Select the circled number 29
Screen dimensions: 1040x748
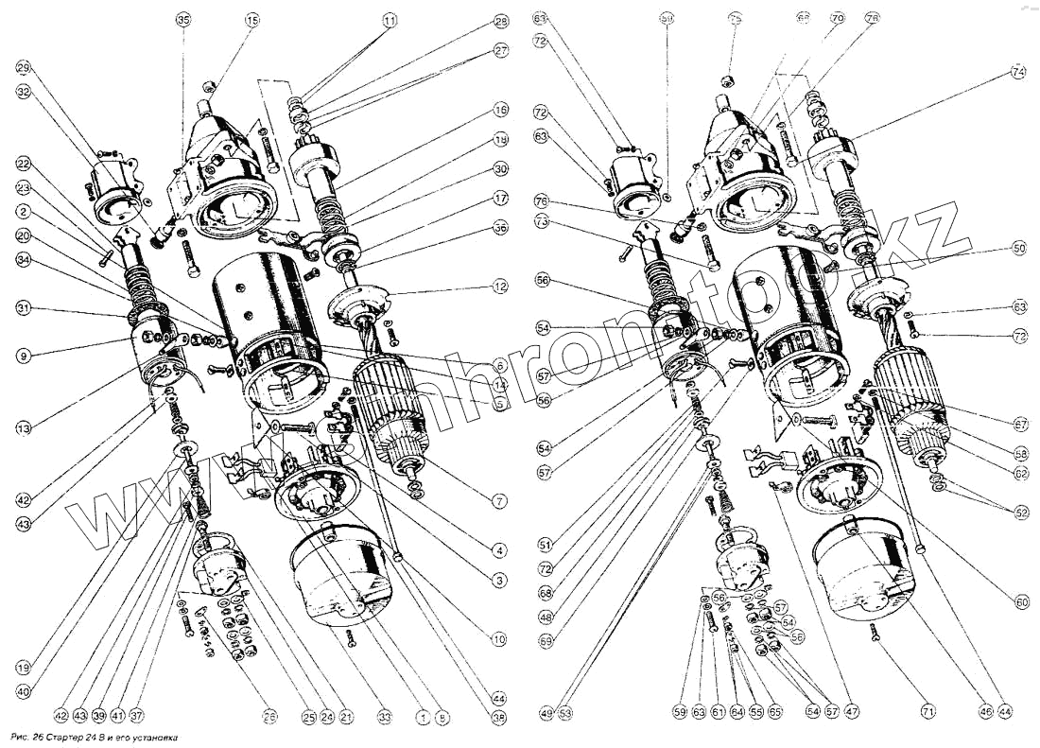pyautogui.click(x=24, y=68)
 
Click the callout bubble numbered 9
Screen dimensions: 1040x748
pyautogui.click(x=24, y=356)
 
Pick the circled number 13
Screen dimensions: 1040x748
pyautogui.click(x=24, y=428)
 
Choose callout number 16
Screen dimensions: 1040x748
pyautogui.click(x=501, y=111)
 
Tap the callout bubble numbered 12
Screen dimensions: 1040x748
pyautogui.click(x=500, y=285)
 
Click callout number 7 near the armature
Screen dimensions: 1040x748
pyautogui.click(x=500, y=501)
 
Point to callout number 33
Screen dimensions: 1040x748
pyautogui.click(x=384, y=718)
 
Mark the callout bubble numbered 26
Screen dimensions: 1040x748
pyautogui.click(x=271, y=718)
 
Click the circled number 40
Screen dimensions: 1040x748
pyautogui.click(x=24, y=692)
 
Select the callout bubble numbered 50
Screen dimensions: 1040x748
pyautogui.click(x=1018, y=248)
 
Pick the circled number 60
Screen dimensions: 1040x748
pyautogui.click(x=1018, y=600)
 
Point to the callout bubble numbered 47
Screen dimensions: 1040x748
pyautogui.click(x=854, y=710)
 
